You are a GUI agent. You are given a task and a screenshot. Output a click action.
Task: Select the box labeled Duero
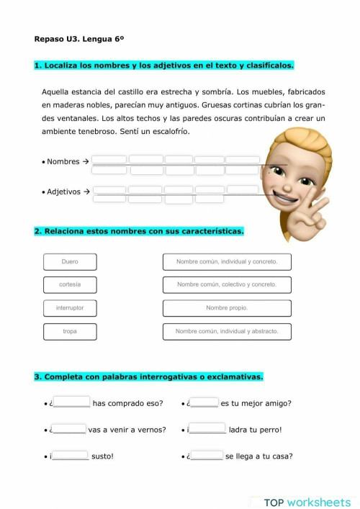(70, 262)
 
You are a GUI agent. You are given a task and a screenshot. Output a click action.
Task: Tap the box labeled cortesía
(70, 285)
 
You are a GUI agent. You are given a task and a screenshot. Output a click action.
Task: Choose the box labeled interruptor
(70, 308)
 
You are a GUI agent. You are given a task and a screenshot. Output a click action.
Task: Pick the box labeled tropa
(70, 332)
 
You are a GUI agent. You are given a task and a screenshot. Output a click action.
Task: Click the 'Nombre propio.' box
(227, 308)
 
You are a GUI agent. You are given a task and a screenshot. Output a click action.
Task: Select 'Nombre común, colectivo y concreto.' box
(227, 285)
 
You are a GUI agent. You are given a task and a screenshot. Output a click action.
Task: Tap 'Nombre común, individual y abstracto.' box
(227, 332)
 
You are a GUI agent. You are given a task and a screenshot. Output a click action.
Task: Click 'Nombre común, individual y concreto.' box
(227, 262)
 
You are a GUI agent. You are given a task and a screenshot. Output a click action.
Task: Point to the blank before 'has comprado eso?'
(72, 403)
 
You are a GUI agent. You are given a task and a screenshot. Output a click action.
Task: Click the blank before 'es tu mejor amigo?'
(204, 403)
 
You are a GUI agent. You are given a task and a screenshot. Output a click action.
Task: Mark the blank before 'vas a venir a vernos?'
(70, 430)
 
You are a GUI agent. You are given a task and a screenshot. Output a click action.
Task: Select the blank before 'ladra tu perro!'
(208, 430)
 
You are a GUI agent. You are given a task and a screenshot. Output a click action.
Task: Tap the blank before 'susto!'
(71, 456)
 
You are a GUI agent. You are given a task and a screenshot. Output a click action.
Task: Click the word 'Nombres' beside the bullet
(63, 162)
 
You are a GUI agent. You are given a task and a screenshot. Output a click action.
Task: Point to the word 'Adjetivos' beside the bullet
(64, 192)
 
